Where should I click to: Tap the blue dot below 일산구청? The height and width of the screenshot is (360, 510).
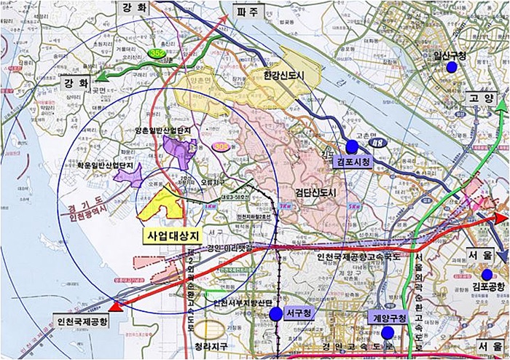[x=452, y=67]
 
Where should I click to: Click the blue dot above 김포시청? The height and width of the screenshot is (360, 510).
[x=353, y=146]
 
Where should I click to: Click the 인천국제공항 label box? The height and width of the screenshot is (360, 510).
[x=81, y=321]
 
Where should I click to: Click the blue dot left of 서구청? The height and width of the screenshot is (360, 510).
[x=275, y=314]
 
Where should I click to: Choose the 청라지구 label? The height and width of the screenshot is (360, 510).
[x=211, y=348]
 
